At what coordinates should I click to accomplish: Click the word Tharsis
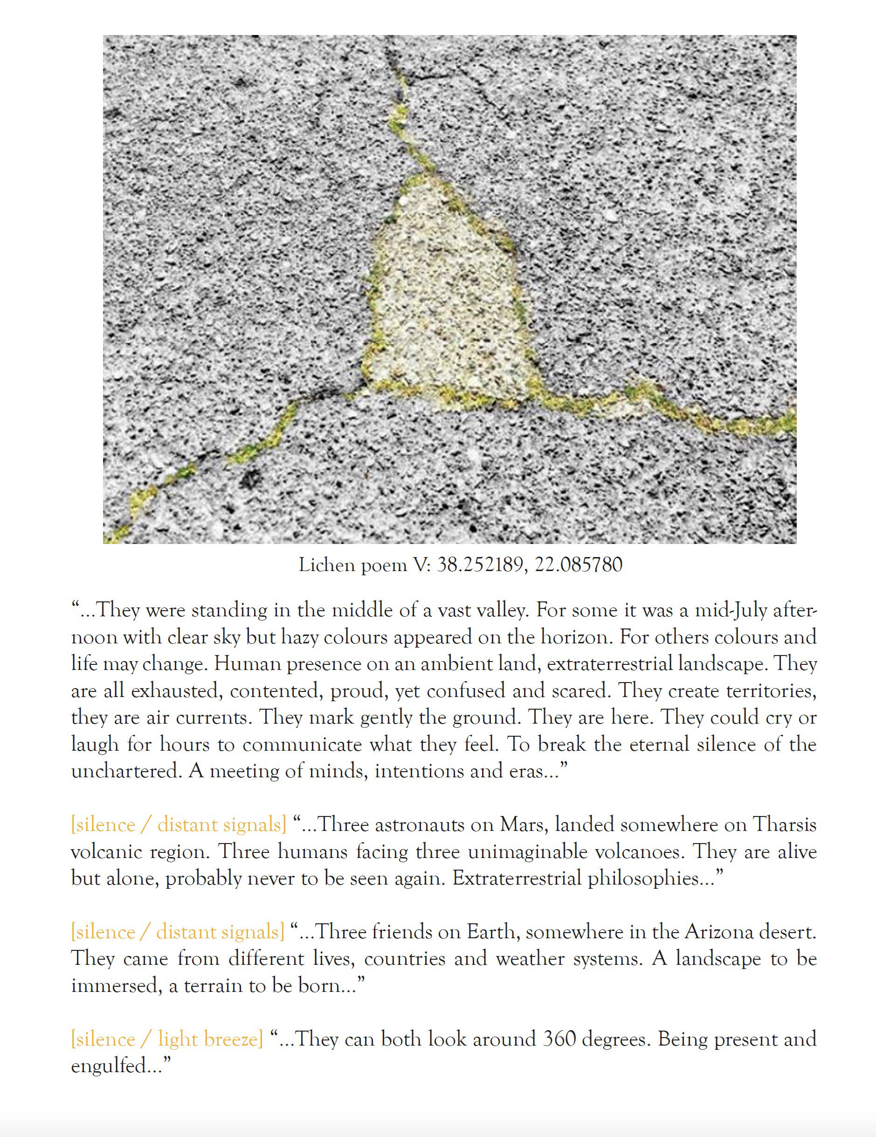click(785, 825)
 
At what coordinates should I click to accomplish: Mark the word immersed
click(114, 985)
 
